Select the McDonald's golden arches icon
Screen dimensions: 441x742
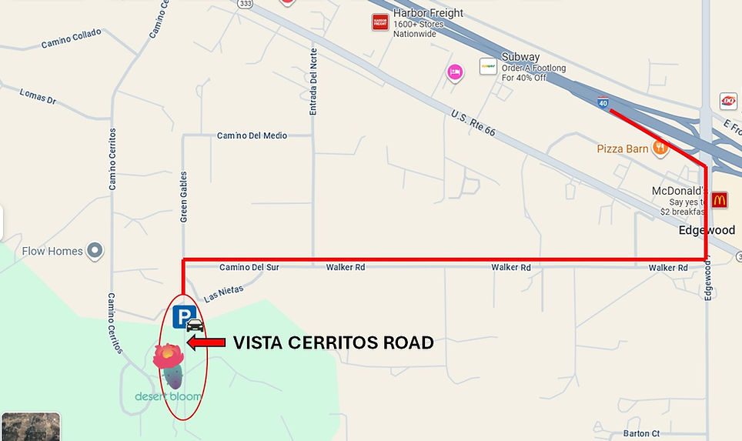(719, 200)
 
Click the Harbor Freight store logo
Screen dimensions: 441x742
(380, 22)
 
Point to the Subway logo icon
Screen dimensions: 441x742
(488, 67)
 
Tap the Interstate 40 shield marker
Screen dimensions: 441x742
(603, 102)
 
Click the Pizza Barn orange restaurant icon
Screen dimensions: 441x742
(660, 147)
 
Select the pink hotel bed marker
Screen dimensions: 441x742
(455, 72)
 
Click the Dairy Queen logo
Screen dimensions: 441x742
(727, 101)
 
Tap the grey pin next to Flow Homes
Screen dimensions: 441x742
(95, 250)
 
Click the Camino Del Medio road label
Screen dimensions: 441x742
(252, 136)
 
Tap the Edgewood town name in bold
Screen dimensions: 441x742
(707, 230)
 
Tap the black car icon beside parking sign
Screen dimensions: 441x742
(196, 325)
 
